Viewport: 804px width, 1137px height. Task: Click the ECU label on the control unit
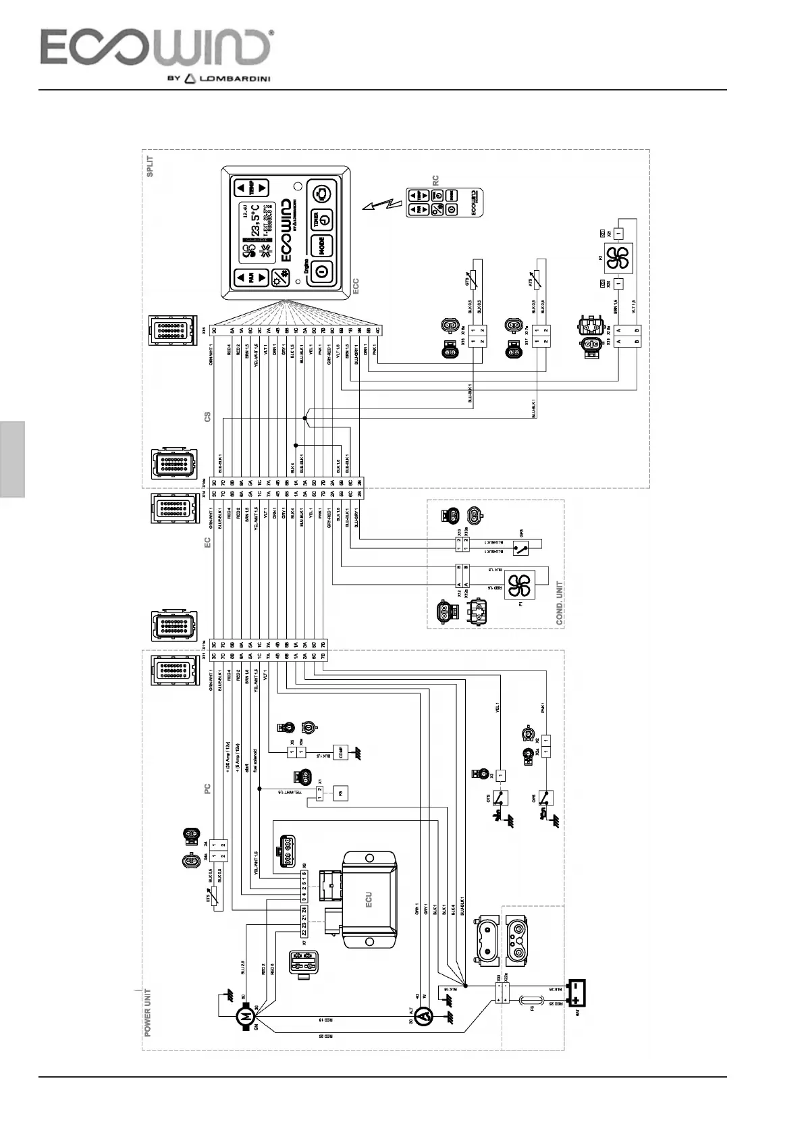[369, 899]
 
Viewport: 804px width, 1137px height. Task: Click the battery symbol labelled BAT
[576, 989]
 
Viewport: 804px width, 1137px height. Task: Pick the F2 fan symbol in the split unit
[616, 259]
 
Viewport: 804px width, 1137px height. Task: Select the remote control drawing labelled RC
[446, 203]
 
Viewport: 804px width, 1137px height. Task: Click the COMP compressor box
[342, 752]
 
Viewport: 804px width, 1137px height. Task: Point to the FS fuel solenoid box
[341, 793]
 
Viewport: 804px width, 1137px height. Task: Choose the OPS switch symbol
[545, 798]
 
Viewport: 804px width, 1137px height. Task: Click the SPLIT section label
[150, 166]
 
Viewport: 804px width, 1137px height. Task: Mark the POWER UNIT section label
[148, 1013]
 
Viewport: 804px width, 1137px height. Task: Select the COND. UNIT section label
[559, 603]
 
